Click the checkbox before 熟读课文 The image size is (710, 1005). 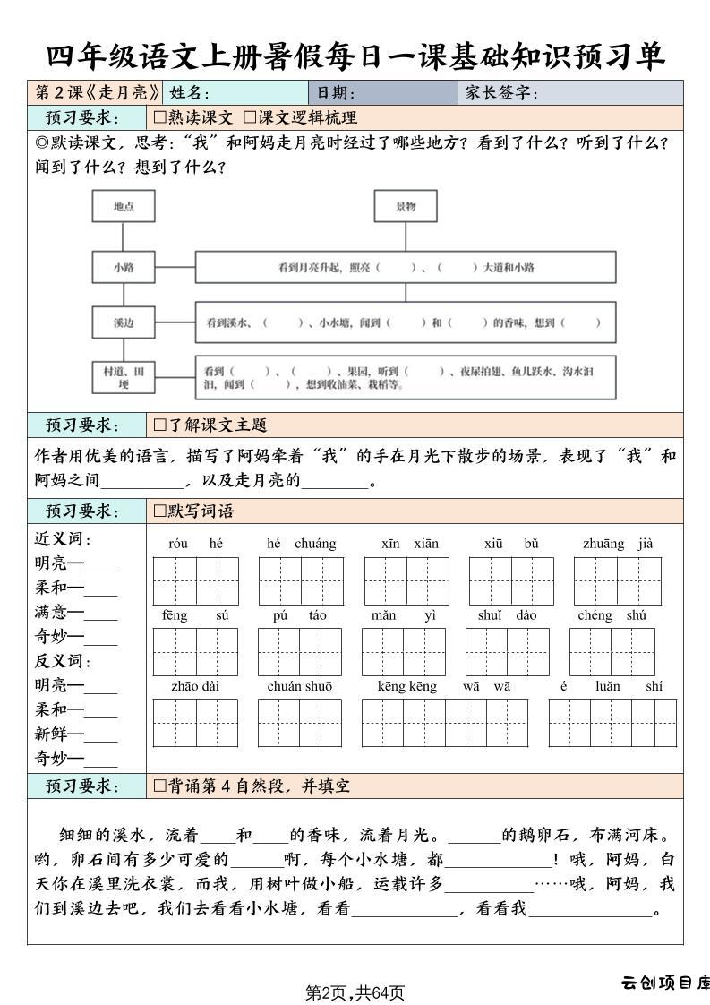[x=160, y=117]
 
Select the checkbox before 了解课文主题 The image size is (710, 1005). [x=160, y=425]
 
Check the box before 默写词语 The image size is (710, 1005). [x=160, y=511]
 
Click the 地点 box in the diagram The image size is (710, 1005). [x=124, y=207]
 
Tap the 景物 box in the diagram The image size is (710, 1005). [x=406, y=207]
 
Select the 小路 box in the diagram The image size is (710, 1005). [x=124, y=267]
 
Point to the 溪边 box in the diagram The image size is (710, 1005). [x=124, y=322]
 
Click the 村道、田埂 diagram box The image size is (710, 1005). [x=124, y=377]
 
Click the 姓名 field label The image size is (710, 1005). [x=189, y=93]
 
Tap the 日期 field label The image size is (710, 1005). [x=336, y=93]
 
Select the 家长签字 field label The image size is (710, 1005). [x=501, y=93]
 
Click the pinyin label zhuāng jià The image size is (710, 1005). [x=618, y=544]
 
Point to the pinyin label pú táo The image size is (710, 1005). [x=300, y=615]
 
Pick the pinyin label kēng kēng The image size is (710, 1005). [x=407, y=687]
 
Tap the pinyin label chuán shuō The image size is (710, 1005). [x=300, y=687]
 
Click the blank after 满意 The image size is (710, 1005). [x=101, y=615]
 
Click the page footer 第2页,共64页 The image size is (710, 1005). [x=355, y=992]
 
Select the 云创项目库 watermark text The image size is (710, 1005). [x=665, y=983]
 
